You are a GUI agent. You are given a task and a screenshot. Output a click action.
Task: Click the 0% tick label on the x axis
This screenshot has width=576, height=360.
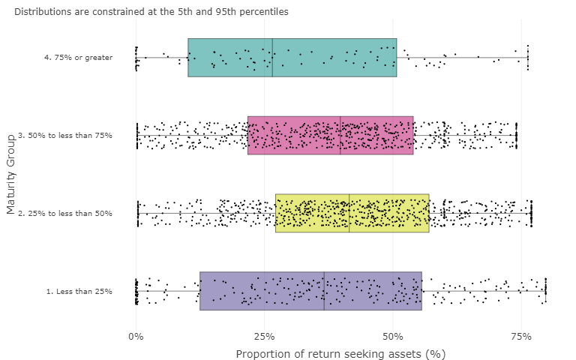coord(136,335)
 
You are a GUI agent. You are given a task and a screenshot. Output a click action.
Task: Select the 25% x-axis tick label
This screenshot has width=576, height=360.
coord(264,335)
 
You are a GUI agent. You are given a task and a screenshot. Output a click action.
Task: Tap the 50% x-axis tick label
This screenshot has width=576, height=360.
coord(392,335)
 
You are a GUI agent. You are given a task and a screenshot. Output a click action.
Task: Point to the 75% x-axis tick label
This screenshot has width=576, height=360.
coord(520,335)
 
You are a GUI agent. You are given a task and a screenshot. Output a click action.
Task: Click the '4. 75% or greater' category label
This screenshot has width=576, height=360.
coord(78,58)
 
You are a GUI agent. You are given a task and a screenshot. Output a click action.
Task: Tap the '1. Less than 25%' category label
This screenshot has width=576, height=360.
coord(79,291)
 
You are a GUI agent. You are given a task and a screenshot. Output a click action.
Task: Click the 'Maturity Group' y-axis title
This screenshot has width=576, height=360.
coord(10,174)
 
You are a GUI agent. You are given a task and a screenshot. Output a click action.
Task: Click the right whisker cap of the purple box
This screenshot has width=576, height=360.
coord(545,291)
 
